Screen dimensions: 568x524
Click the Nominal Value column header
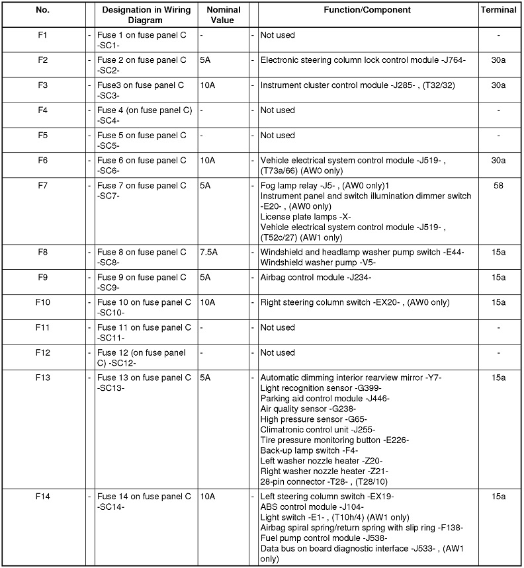[x=223, y=15]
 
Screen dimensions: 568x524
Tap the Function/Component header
[x=367, y=11]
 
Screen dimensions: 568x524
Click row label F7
[x=42, y=186]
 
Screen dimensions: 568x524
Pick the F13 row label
[x=42, y=378]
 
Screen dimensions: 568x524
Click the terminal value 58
[x=498, y=186]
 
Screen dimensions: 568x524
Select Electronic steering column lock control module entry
[x=363, y=60]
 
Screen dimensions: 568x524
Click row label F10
[x=42, y=303]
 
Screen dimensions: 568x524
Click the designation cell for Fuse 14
[x=142, y=501]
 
